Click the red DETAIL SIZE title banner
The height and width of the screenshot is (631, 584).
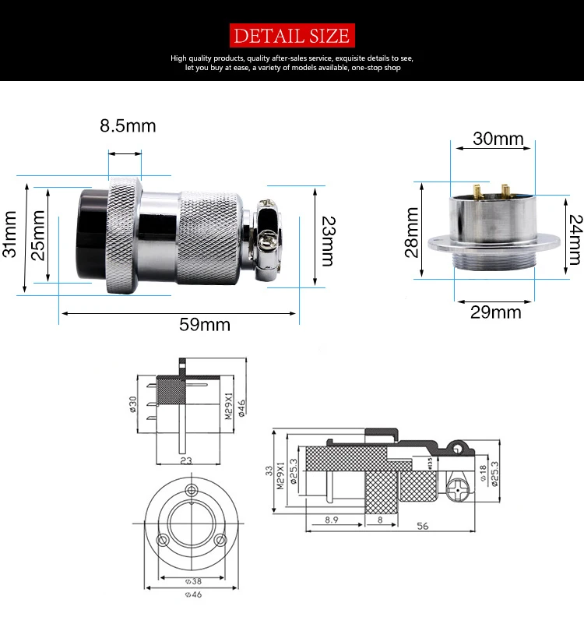pyautogui.click(x=291, y=35)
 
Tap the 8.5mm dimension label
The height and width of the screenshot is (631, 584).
pyautogui.click(x=128, y=125)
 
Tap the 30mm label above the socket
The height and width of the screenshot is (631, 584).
pyautogui.click(x=498, y=139)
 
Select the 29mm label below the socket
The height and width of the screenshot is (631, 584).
pyautogui.click(x=496, y=312)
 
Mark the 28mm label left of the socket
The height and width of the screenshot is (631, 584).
pyautogui.click(x=413, y=231)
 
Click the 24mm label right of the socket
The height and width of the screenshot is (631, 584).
pyautogui.click(x=575, y=238)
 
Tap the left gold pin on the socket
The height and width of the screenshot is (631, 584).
pyautogui.click(x=475, y=189)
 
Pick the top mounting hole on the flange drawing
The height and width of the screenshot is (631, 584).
pyautogui.click(x=191, y=490)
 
